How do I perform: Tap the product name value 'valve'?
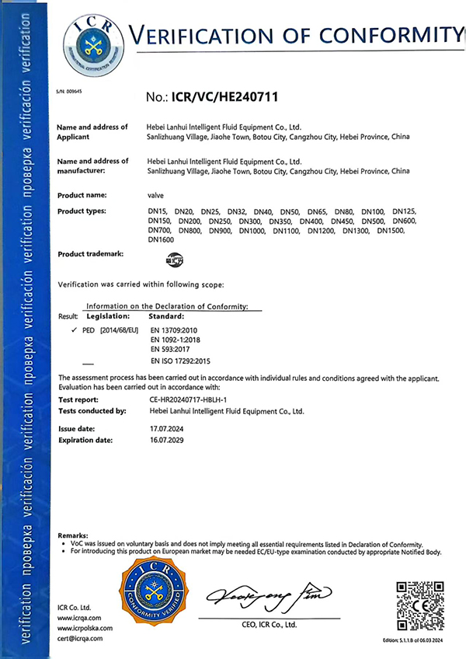click(x=155, y=194)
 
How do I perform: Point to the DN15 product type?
click(x=158, y=211)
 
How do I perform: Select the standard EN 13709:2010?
click(x=172, y=330)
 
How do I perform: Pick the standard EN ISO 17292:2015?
click(x=179, y=362)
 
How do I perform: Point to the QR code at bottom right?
click(x=419, y=604)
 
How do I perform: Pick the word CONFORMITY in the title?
click(x=388, y=35)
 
